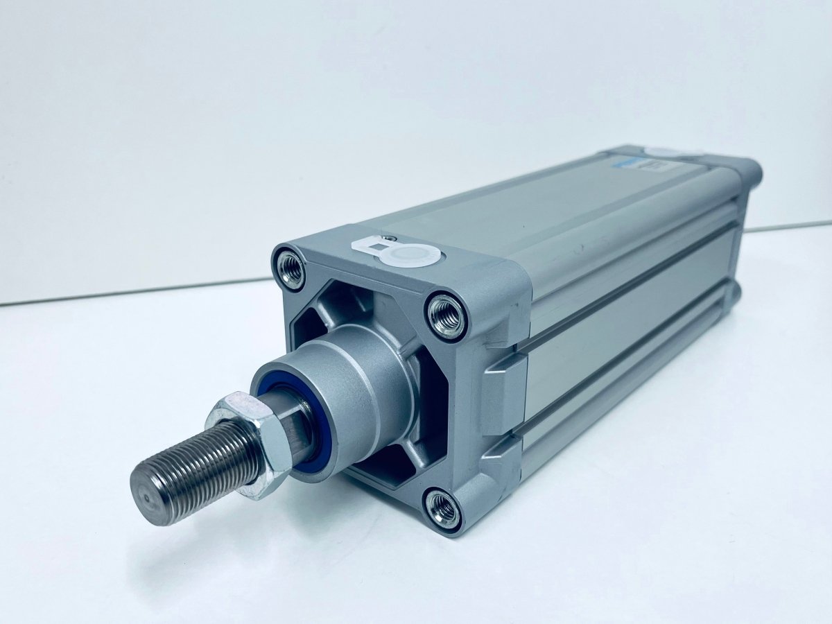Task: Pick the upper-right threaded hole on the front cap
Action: (x=446, y=316)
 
